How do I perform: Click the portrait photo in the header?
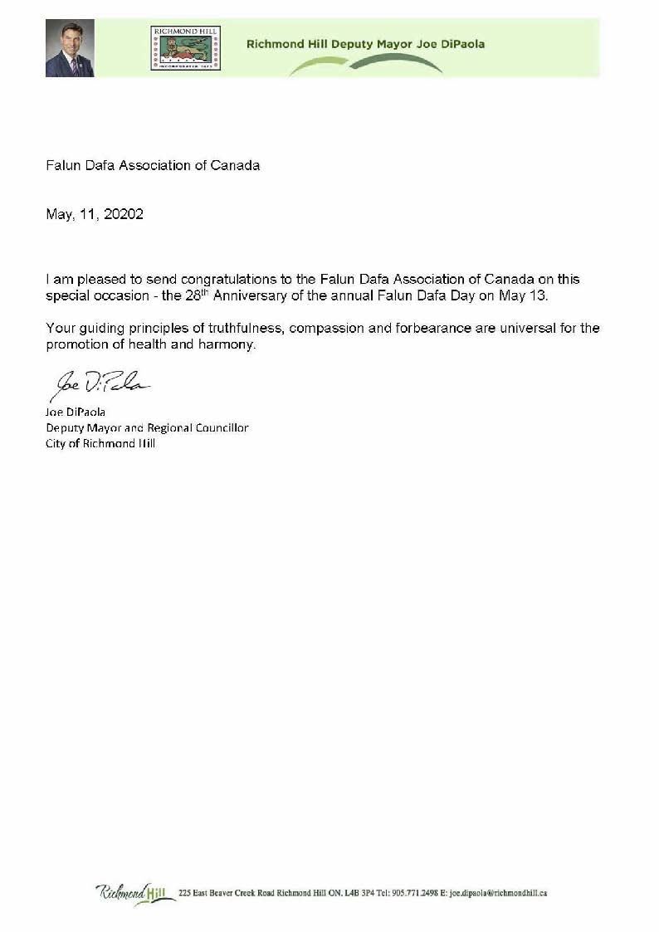pyautogui.click(x=70, y=49)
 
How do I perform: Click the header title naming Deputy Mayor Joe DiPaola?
pyautogui.click(x=365, y=44)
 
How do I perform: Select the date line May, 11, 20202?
pyautogui.click(x=95, y=214)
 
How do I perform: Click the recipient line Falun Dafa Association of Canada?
pyautogui.click(x=153, y=165)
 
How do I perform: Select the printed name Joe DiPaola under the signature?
pyautogui.click(x=76, y=412)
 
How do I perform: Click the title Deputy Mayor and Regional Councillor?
pyautogui.click(x=147, y=428)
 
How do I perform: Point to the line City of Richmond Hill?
pyautogui.click(x=100, y=443)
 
